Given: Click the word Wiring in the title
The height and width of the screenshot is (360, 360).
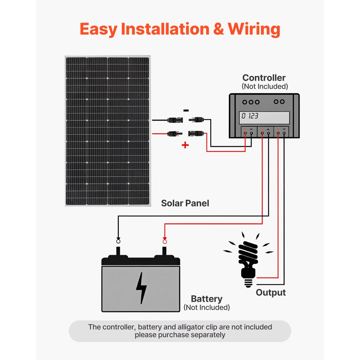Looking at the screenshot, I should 253,29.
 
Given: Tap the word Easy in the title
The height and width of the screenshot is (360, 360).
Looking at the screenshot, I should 98,29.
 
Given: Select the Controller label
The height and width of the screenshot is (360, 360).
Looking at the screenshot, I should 264,78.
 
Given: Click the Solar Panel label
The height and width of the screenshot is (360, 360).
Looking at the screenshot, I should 185,203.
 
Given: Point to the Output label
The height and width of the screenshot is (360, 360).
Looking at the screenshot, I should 271,293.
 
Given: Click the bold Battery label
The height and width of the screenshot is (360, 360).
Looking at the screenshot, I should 207,299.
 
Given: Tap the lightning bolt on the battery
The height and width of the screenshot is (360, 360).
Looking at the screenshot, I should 141,288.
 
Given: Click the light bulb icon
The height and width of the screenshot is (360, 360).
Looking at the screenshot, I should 248,257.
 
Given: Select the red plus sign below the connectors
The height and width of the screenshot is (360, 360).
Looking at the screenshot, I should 185,145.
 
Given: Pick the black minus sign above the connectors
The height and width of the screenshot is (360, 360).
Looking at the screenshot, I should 186,111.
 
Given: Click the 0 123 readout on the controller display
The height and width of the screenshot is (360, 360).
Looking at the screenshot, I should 250,116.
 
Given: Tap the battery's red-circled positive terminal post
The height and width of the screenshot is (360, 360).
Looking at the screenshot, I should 165,249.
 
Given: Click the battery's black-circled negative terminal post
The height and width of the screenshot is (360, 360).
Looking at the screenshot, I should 118,249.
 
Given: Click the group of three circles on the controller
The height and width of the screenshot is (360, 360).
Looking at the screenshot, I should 251,102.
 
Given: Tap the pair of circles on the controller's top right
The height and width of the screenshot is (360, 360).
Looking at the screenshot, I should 279,102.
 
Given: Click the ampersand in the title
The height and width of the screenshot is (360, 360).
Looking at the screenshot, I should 219,29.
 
